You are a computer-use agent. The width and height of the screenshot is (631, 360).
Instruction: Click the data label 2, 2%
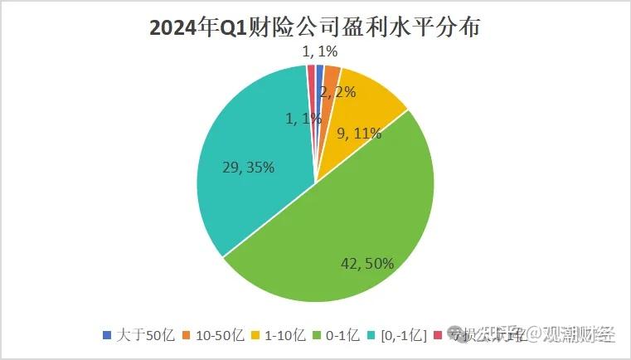337,92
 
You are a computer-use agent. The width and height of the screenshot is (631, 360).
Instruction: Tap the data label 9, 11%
360,133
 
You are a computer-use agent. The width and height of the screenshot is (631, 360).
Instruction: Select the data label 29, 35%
248,168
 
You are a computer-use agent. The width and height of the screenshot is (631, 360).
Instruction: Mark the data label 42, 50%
367,264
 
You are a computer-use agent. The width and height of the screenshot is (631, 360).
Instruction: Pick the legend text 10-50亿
218,336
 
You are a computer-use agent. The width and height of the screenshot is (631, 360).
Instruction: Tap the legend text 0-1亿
342,336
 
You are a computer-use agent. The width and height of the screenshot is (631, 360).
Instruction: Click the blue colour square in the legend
107,336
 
